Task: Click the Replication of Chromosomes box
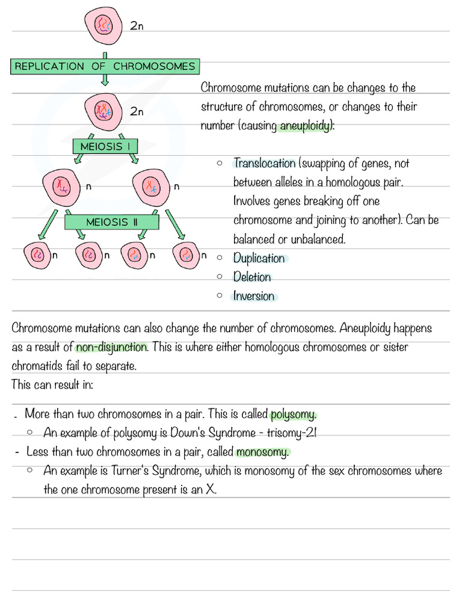pos(105,66)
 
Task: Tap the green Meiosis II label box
pos(112,222)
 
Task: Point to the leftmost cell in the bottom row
pos(37,255)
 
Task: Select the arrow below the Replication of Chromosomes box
pos(105,81)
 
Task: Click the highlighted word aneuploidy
pos(305,126)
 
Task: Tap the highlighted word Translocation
pos(265,164)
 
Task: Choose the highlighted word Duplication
pos(259,258)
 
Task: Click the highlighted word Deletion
pos(252,277)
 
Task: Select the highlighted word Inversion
pos(254,296)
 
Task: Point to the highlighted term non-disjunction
pos(111,347)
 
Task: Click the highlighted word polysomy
pos(293,414)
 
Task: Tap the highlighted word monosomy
pos(263,452)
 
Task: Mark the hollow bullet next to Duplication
pos(220,257)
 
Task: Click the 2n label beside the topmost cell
pos(137,26)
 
